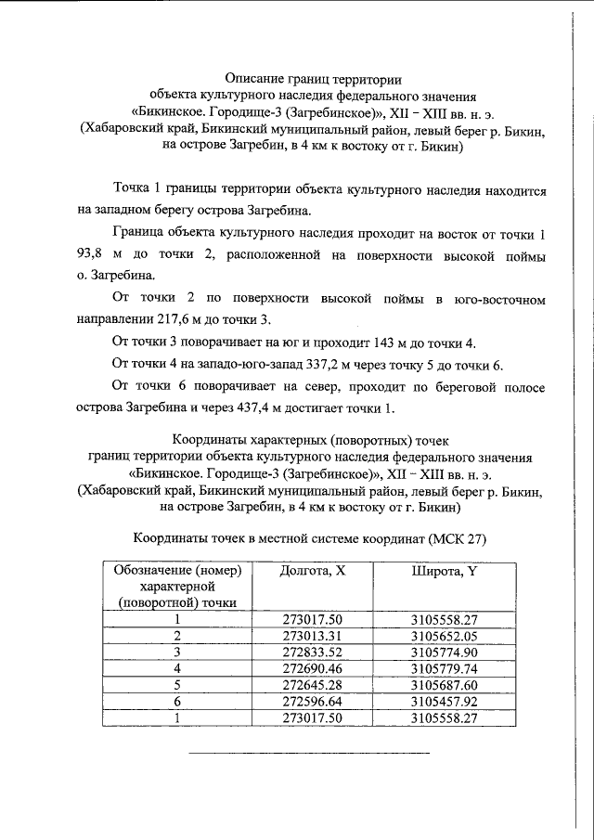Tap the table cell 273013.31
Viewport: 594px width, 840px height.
click(313, 635)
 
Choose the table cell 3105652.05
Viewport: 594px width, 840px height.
click(444, 635)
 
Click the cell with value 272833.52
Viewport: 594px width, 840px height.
click(313, 652)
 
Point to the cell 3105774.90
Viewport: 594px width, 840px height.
click(444, 652)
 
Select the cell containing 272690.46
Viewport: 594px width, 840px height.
click(313, 668)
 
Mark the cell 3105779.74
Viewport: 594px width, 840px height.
click(444, 668)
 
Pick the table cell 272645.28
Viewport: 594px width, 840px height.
click(313, 685)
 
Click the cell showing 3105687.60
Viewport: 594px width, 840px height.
click(444, 685)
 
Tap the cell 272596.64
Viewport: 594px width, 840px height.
click(313, 702)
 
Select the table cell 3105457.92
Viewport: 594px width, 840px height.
click(444, 702)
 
